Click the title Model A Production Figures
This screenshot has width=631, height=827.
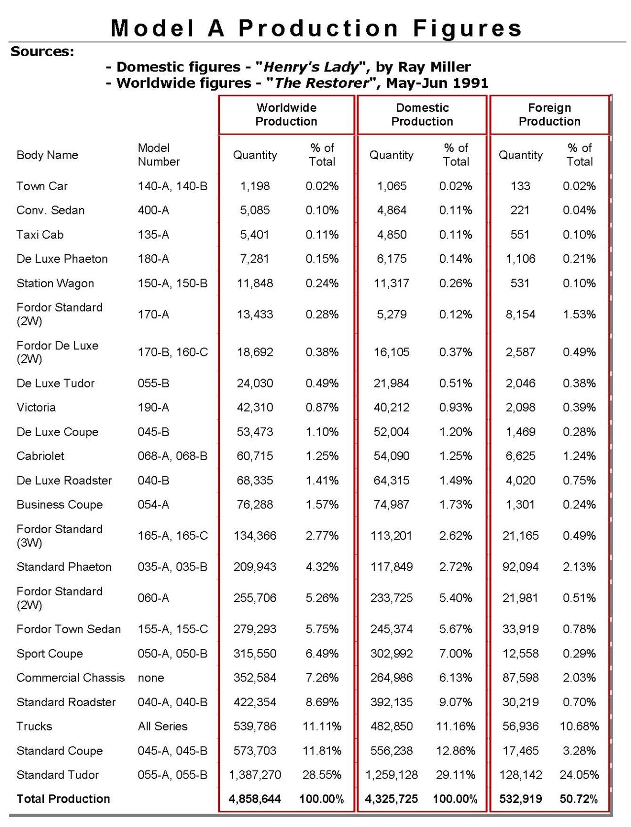pyautogui.click(x=316, y=28)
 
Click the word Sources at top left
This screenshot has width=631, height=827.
pyautogui.click(x=42, y=51)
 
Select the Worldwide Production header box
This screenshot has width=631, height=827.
pyautogui.click(x=286, y=114)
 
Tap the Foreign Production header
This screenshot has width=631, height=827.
pyautogui.click(x=549, y=114)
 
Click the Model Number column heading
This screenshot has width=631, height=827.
pyautogui.click(x=158, y=155)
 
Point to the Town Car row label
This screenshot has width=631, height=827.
pyautogui.click(x=42, y=186)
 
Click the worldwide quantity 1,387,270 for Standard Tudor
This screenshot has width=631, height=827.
pyautogui.click(x=255, y=775)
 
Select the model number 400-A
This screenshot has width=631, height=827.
pyautogui.click(x=153, y=210)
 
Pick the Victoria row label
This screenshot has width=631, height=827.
pyautogui.click(x=36, y=408)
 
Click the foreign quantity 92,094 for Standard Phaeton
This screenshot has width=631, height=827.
pyautogui.click(x=520, y=567)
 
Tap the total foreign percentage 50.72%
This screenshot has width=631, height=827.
pyautogui.click(x=579, y=799)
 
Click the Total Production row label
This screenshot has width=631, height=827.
pyautogui.click(x=63, y=799)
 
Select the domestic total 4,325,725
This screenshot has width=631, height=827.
pyautogui.click(x=391, y=799)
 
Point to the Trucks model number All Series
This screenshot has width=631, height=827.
pyautogui.click(x=163, y=726)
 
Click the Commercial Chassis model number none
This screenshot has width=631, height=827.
pyautogui.click(x=151, y=678)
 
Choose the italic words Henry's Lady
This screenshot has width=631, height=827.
pyautogui.click(x=312, y=67)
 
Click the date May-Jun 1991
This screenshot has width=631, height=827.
pyautogui.click(x=437, y=83)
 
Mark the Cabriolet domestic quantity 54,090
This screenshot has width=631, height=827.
pyautogui.click(x=391, y=456)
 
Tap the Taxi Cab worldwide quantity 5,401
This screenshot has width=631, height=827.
pyautogui.click(x=254, y=235)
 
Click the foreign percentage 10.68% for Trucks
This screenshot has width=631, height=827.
pyautogui.click(x=579, y=726)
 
